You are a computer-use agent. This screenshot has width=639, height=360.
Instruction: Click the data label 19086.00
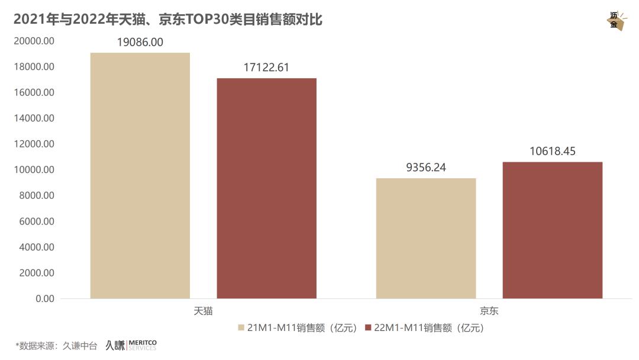[140, 42]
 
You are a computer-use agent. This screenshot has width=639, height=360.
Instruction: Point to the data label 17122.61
[266, 67]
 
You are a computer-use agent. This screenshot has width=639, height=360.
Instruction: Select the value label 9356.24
[426, 168]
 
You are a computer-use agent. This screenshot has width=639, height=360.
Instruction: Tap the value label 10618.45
[553, 152]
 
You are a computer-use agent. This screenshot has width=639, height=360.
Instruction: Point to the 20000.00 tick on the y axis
[34, 41]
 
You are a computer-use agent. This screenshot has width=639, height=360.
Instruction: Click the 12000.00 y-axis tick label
[34, 144]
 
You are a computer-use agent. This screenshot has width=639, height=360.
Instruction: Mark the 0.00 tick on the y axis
[44, 298]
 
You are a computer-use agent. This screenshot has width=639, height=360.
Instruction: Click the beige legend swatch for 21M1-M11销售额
[241, 327]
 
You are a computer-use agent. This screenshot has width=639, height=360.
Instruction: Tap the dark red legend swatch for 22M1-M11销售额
[367, 327]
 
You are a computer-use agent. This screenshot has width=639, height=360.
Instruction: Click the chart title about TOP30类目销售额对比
[167, 20]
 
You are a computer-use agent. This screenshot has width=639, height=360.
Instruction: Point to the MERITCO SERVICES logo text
[143, 345]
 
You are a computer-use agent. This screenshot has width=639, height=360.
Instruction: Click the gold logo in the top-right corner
[616, 21]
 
